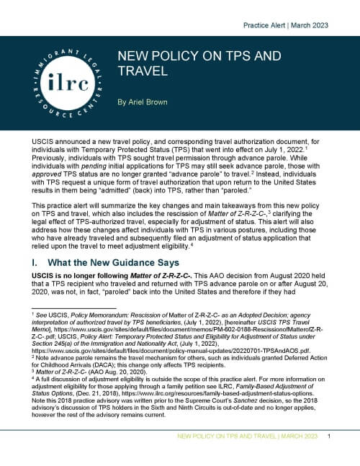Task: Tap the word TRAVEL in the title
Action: (x=144, y=72)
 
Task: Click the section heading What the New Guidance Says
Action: (x=117, y=263)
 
